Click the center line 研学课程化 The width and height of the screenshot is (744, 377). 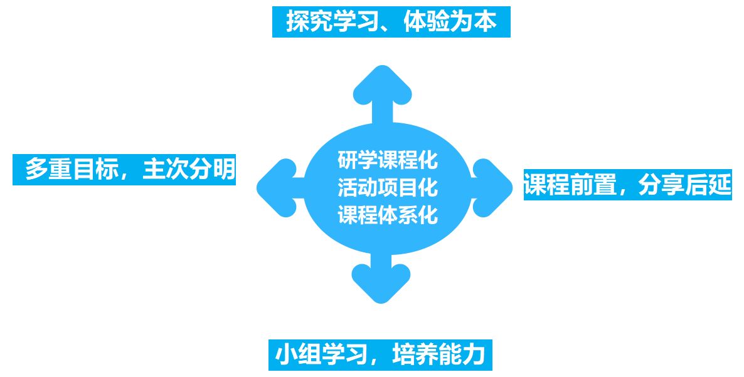(x=387, y=160)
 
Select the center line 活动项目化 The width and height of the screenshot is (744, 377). (x=387, y=187)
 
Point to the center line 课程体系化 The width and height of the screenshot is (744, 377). (x=387, y=215)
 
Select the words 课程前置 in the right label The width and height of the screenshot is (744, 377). (x=570, y=185)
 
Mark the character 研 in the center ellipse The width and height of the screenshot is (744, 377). (x=347, y=160)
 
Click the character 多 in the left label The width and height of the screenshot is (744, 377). (x=36, y=169)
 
